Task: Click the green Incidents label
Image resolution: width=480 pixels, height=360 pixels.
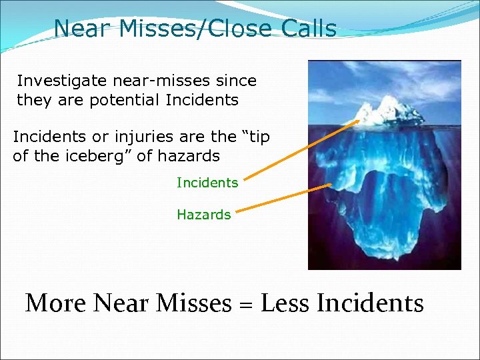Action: (x=207, y=183)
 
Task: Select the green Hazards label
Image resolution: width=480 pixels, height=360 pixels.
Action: (x=203, y=215)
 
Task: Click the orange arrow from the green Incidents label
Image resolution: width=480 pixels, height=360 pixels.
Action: (x=301, y=149)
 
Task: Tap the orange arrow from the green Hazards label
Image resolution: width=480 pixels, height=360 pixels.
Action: (x=283, y=199)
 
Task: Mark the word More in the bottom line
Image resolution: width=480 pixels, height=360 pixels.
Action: (x=55, y=303)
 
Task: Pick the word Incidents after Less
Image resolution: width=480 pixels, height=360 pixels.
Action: (x=370, y=303)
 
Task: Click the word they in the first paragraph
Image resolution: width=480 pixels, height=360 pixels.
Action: (x=31, y=101)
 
